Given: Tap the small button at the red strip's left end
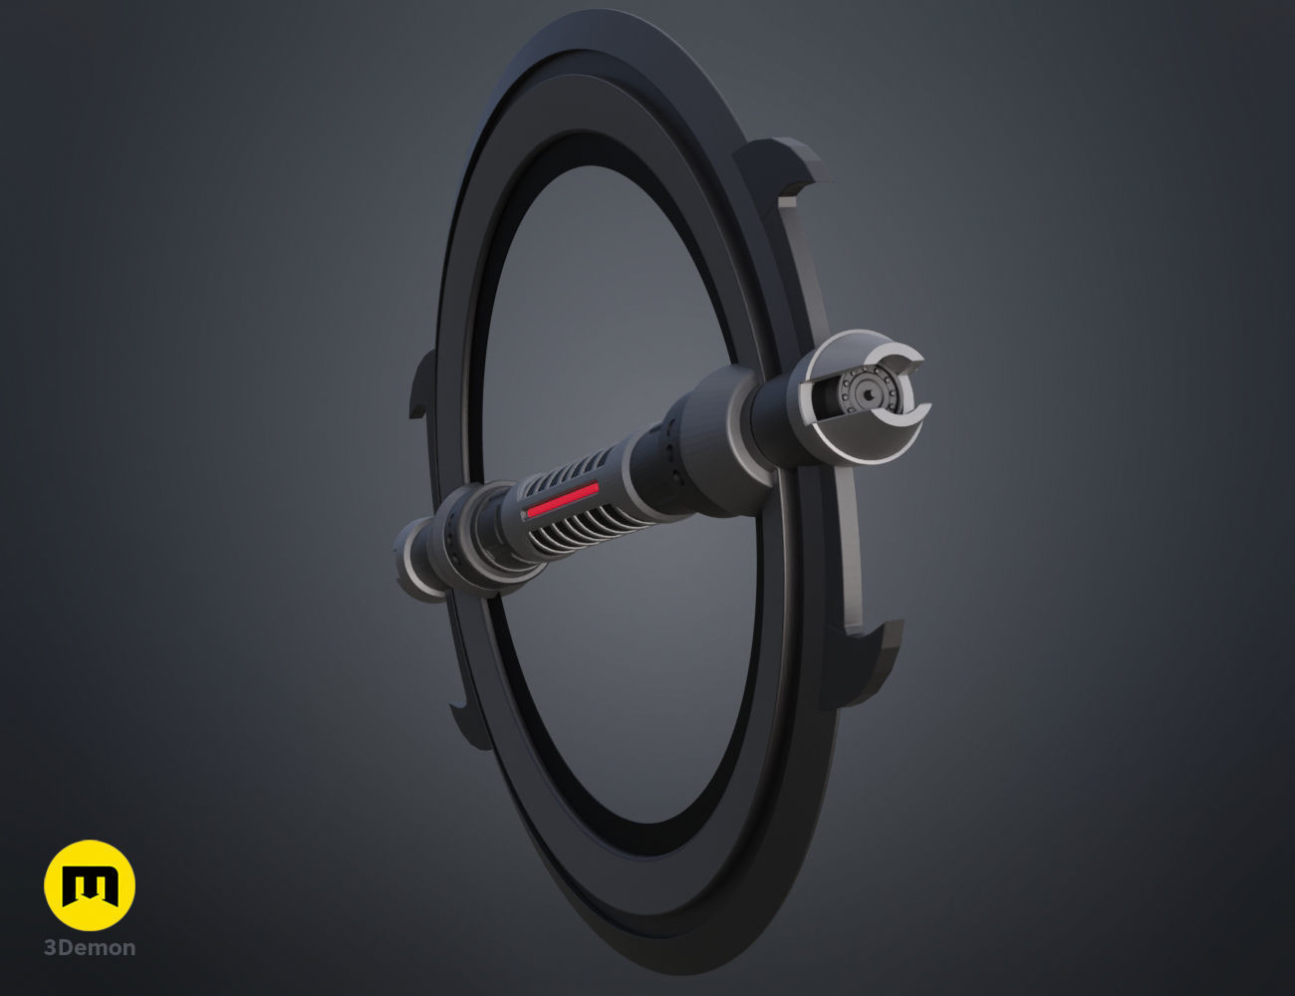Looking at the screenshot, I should point(524,515).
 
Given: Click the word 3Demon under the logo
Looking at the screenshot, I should point(90,947).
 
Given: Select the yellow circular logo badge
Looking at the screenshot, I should point(90,885).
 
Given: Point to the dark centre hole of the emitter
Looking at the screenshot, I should point(869,393).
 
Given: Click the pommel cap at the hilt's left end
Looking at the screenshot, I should point(413,566).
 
